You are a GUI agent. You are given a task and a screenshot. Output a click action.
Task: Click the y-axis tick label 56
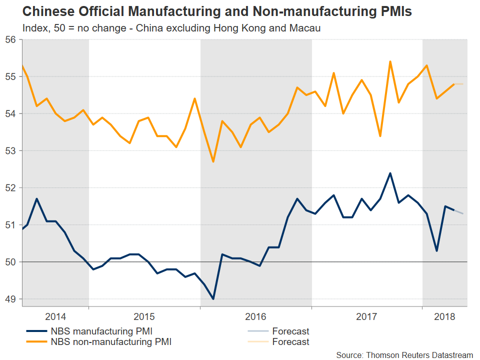tap(11, 39)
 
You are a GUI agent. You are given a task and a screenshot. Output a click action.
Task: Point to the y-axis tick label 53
tap(11, 151)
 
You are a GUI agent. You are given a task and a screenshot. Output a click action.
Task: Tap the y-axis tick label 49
tap(11, 299)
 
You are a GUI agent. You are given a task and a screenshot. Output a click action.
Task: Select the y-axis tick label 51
tap(11, 225)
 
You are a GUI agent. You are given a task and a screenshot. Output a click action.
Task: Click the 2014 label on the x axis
tap(55, 317)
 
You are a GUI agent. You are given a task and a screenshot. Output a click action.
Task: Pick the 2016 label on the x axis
tap(255, 317)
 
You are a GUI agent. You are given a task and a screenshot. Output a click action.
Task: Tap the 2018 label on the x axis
tap(444, 317)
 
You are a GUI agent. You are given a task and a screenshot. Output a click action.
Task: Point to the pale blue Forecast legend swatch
tap(258, 331)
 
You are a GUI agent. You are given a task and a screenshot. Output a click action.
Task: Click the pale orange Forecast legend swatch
tap(258, 342)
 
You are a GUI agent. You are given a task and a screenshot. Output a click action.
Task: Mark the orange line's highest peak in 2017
tap(390, 61)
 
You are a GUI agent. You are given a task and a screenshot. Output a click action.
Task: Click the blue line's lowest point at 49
tap(213, 299)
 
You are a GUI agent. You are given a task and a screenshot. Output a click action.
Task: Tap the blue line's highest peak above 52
tap(390, 173)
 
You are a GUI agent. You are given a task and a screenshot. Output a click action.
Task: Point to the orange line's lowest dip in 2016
tap(213, 161)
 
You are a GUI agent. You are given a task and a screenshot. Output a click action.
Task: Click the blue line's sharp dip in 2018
tap(436, 251)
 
